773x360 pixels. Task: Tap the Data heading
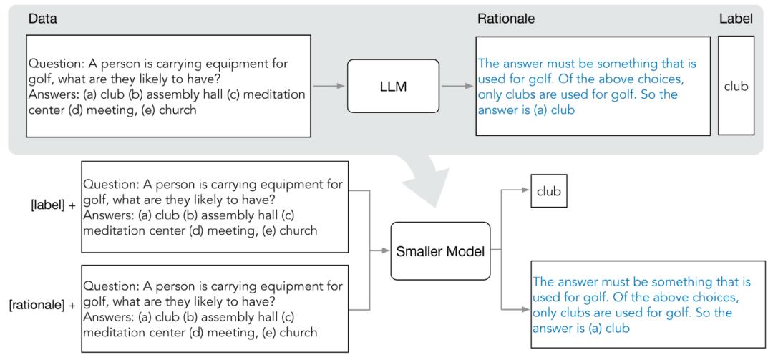[42, 19]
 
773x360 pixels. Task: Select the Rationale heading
[506, 19]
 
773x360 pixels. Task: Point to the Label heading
[736, 19]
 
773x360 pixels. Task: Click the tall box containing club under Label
[736, 86]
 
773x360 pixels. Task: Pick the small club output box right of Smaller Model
[549, 192]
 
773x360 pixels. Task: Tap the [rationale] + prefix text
[42, 306]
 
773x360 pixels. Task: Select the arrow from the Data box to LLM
[329, 87]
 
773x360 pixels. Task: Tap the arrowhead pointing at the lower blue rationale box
[526, 309]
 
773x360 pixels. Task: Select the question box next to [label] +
[215, 206]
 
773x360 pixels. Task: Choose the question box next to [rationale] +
[215, 308]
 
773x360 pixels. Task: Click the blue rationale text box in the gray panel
[593, 86]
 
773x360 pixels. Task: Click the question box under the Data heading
[168, 86]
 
